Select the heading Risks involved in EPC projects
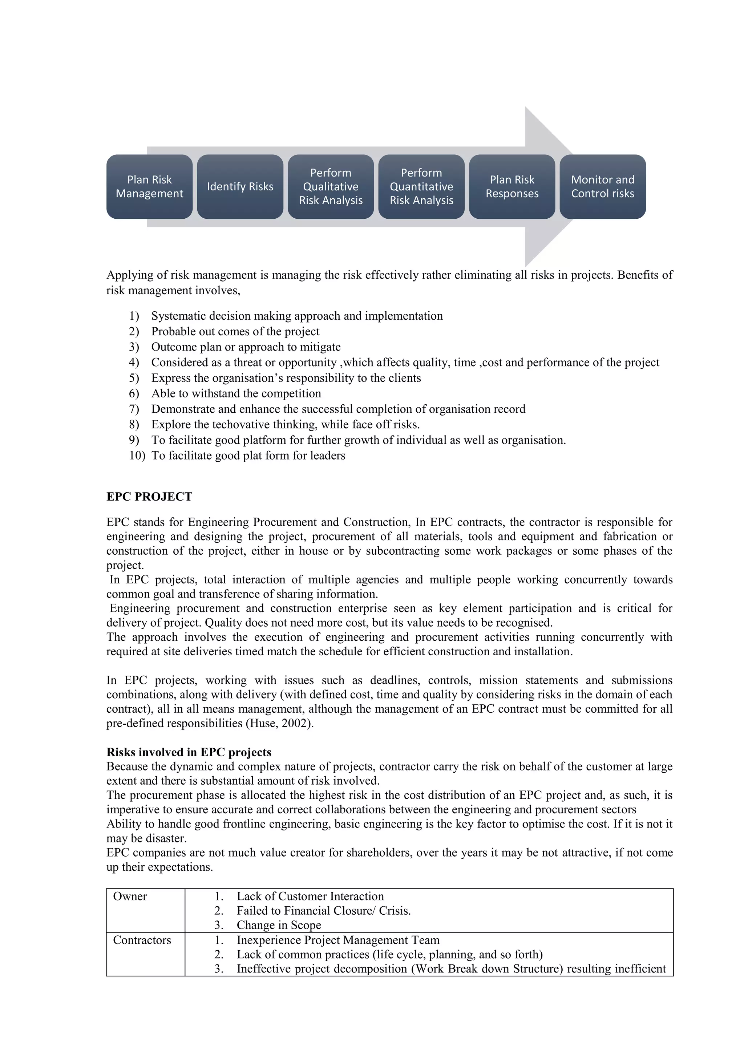[x=189, y=752]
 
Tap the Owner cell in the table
[x=130, y=897]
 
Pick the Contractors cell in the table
[x=142, y=940]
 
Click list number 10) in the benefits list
[x=137, y=456]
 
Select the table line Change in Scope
[x=279, y=925]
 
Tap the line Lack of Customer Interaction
[x=310, y=897]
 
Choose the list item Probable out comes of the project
[x=235, y=331]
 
